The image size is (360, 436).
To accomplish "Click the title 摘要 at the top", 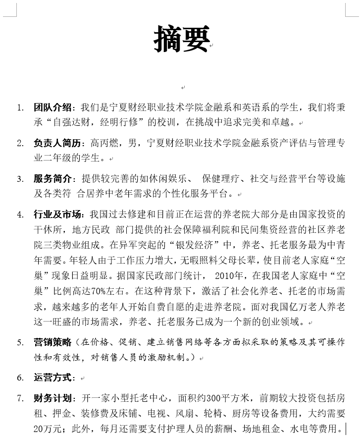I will pyautogui.click(x=182, y=38).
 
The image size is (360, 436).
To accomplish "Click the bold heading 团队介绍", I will pyautogui.click(x=53, y=107).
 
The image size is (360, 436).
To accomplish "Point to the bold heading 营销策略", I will pyautogui.click(x=53, y=342).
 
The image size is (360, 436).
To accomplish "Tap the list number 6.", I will pyautogui.click(x=20, y=378).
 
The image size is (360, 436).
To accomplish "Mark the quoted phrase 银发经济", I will pyautogui.click(x=202, y=245).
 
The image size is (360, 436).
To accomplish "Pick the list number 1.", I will pyautogui.click(x=20, y=107).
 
